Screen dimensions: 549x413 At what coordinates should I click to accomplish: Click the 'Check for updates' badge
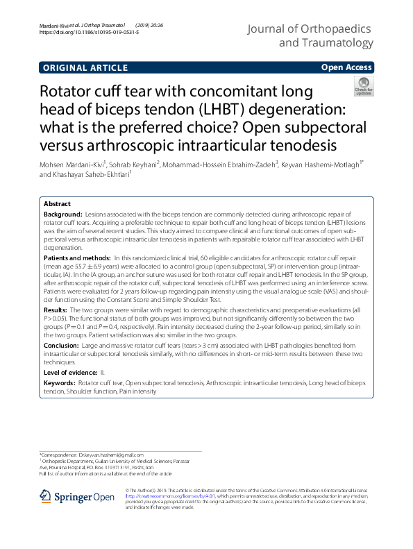click(383, 87)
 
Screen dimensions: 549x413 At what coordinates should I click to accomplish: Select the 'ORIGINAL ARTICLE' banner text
click(85, 67)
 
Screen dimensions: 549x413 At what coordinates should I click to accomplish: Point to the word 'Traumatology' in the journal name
click(335, 44)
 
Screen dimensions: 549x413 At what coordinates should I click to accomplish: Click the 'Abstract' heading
click(57, 204)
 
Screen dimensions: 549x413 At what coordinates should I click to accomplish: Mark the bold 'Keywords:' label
click(60, 382)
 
